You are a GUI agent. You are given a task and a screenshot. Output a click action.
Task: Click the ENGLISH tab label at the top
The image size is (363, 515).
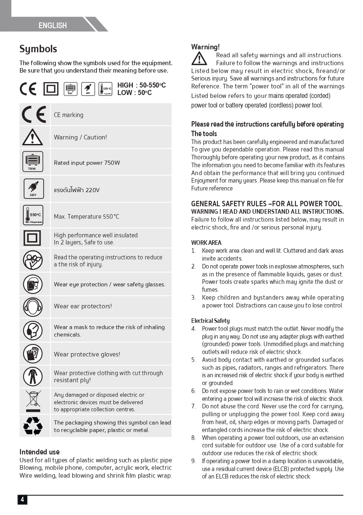53,26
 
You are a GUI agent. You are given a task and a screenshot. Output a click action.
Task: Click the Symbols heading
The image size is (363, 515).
38,49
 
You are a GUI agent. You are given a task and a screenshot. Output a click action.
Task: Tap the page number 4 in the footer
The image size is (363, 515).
22,500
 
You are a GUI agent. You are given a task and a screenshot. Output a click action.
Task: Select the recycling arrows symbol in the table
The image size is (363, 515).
33,426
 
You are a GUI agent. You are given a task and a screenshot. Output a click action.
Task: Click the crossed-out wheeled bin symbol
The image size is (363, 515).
33,401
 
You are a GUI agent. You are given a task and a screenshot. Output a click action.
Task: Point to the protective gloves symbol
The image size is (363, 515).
33,354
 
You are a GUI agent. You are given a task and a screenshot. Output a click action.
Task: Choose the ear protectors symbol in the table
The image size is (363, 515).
33,307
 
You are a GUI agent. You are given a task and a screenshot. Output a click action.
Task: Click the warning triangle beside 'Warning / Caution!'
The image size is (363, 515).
32,137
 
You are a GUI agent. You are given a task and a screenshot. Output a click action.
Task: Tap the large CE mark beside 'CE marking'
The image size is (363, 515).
34,115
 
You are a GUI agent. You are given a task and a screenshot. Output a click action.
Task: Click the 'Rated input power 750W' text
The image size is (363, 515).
87,163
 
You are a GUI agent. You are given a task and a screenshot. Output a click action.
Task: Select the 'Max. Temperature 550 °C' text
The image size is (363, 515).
86,217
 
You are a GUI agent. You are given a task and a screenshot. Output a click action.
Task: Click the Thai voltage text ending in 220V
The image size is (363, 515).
77,190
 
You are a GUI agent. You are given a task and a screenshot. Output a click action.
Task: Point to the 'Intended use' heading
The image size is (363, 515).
39,452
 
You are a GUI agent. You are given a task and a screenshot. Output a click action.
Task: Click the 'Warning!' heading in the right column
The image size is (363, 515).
205,47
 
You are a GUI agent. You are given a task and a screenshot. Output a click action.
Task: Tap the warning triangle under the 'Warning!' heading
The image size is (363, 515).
199,59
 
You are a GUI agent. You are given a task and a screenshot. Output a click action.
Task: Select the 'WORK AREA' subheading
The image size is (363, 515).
206,243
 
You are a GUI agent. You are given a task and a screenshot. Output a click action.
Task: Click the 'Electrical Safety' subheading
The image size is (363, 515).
210,321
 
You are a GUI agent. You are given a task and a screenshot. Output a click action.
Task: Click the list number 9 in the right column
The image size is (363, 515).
193,461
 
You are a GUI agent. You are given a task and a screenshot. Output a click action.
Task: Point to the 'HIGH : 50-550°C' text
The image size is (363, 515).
141,85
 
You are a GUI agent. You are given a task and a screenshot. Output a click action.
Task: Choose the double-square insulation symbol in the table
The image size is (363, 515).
32,238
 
